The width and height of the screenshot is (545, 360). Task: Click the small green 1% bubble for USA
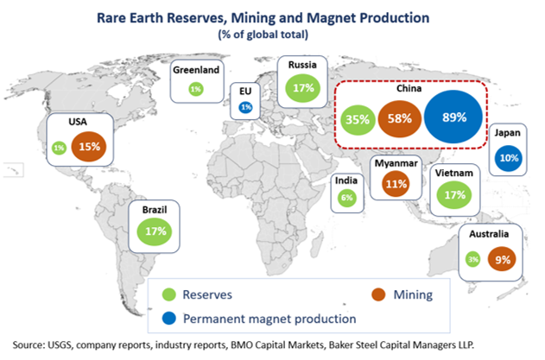pyautogui.click(x=59, y=148)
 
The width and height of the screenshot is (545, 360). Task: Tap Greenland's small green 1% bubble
pyautogui.click(x=195, y=89)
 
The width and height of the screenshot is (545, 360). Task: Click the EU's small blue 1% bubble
pyautogui.click(x=245, y=106)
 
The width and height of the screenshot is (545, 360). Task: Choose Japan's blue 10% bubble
pyautogui.click(x=510, y=158)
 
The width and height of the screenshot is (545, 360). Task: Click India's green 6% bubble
pyautogui.click(x=347, y=198)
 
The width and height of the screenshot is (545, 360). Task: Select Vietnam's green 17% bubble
pyautogui.click(x=452, y=194)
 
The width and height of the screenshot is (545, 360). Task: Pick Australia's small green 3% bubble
pyautogui.click(x=474, y=258)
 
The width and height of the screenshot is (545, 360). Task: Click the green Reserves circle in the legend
pyautogui.click(x=171, y=294)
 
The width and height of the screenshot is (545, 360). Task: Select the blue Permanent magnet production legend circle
pyautogui.click(x=171, y=318)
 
